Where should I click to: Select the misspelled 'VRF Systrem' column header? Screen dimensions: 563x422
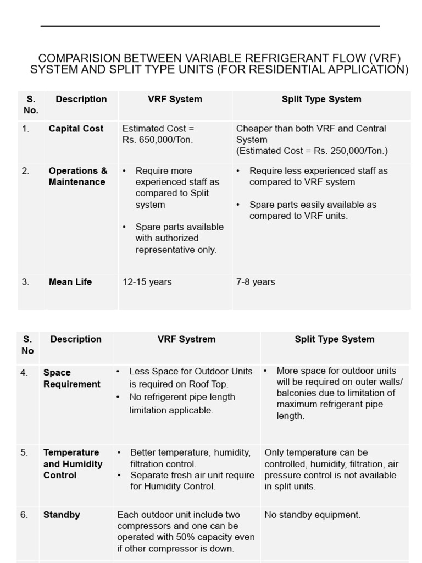pos(186,339)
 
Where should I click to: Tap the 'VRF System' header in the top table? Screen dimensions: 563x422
pos(175,100)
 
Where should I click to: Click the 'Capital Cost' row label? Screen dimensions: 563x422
pos(76,129)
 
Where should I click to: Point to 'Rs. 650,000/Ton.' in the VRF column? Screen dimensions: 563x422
pos(158,140)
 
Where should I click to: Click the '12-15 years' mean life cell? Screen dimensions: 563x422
pos(147,282)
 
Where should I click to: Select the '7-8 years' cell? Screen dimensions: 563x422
pos(256,282)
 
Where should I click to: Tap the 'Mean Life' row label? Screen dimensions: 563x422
pos(70,282)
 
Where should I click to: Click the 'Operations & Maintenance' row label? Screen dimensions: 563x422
pos(77,176)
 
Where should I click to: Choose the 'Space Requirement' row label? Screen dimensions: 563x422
pos(72,378)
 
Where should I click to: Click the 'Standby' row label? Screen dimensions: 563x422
pos(62,515)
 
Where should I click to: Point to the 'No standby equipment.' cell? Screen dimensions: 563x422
pos(312,515)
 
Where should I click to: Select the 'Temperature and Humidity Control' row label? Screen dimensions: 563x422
pos(73,464)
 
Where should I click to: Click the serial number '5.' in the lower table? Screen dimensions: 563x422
pos(25,452)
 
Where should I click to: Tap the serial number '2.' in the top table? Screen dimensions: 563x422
pos(26,171)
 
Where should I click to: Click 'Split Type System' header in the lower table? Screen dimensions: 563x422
pos(334,339)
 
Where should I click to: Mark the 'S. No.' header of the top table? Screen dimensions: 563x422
pos(31,104)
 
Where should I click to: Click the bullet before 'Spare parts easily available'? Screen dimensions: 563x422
pos(238,205)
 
